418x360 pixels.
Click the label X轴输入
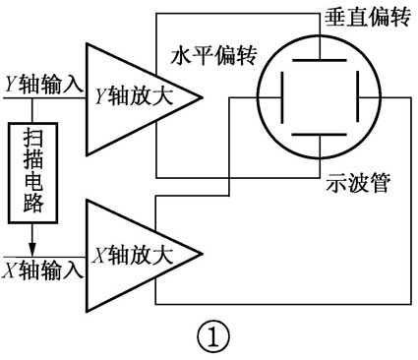pos(43,267)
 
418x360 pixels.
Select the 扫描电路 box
pos(31,172)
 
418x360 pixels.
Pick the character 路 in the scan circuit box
pos(31,208)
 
